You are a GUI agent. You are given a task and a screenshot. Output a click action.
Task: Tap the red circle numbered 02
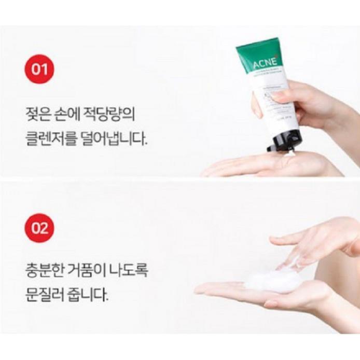coord(39,227)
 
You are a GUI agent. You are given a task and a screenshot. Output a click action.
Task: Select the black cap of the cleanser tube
coord(285,140)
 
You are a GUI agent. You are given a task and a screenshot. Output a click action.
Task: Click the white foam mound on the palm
coord(272,280)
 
